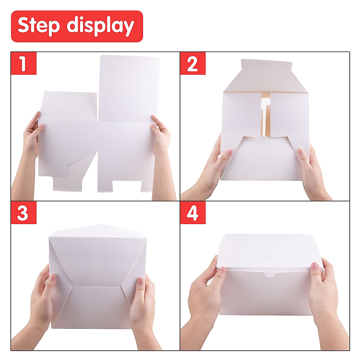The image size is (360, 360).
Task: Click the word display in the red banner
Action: [x=100, y=26]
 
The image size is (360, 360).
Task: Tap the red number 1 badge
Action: [x=23, y=63]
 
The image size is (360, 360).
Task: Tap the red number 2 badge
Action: [x=193, y=63]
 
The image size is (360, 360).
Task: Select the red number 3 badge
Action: [x=23, y=213]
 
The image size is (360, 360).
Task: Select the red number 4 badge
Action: [x=193, y=213]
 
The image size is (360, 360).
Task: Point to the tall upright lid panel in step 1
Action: [x=129, y=87]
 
